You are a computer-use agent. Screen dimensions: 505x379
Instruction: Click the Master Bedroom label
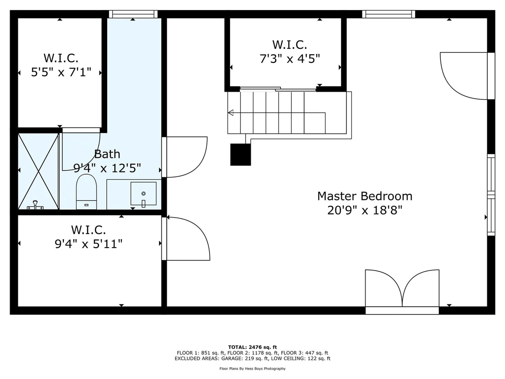tap(365, 196)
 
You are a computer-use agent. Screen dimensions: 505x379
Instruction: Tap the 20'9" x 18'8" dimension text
tap(365, 210)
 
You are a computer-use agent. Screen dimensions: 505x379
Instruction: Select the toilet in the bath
tap(86, 192)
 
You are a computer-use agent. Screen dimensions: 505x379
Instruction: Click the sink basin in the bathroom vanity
tap(143, 194)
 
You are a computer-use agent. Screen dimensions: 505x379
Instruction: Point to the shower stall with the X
tap(38, 171)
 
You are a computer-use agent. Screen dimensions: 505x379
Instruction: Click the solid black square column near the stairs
tap(241, 155)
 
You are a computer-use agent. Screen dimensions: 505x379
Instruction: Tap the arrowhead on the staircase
tap(231, 113)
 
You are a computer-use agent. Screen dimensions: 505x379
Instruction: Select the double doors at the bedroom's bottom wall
tap(402, 288)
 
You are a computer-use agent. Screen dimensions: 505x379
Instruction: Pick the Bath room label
tap(107, 154)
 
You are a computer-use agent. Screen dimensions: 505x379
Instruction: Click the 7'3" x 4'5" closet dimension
tap(290, 59)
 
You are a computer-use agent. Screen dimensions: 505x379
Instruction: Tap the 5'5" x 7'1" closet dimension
tap(61, 72)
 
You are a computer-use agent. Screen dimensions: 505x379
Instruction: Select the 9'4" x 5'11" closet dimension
tap(88, 244)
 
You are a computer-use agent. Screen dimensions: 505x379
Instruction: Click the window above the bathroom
tap(133, 14)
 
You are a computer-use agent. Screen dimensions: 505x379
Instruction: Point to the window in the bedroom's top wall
tap(389, 14)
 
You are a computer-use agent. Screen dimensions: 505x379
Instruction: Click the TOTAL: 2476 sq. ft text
tap(252, 347)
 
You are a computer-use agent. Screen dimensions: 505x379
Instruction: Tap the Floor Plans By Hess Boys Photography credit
tap(252, 369)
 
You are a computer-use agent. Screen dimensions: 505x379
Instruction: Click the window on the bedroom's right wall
tap(491, 195)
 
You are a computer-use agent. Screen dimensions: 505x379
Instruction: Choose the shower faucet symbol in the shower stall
tap(35, 205)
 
